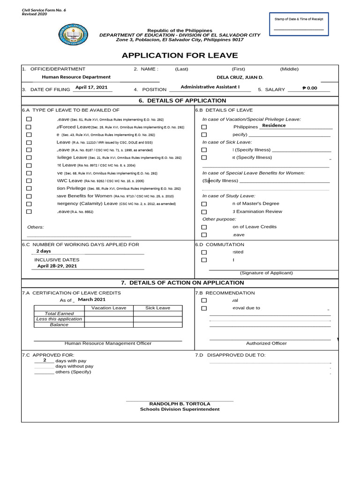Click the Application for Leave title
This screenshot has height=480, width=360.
(x=180, y=55)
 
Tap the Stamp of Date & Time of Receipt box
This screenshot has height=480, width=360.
(x=299, y=24)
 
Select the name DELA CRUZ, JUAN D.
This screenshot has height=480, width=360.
(x=240, y=77)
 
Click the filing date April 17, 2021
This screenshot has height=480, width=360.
(x=91, y=87)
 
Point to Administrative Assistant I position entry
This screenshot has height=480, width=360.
(x=210, y=87)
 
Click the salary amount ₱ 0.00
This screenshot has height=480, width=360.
(x=310, y=88)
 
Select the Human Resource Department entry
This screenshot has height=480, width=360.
(x=76, y=77)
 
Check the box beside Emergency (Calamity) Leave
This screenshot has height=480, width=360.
(x=29, y=204)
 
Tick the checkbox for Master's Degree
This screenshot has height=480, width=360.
(x=204, y=204)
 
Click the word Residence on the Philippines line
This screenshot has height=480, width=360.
(x=274, y=126)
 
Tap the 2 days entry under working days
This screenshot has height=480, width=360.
(x=44, y=251)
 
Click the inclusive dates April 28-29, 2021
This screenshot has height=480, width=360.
(x=57, y=266)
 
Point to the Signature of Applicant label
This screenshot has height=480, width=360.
(x=266, y=273)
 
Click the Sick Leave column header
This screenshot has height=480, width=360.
(x=157, y=308)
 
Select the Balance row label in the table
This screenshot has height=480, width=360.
(x=59, y=324)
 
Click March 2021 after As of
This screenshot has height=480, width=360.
(x=92, y=300)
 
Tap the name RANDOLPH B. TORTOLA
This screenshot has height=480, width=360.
(x=180, y=404)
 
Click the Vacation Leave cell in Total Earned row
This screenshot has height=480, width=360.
(x=109, y=314)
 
